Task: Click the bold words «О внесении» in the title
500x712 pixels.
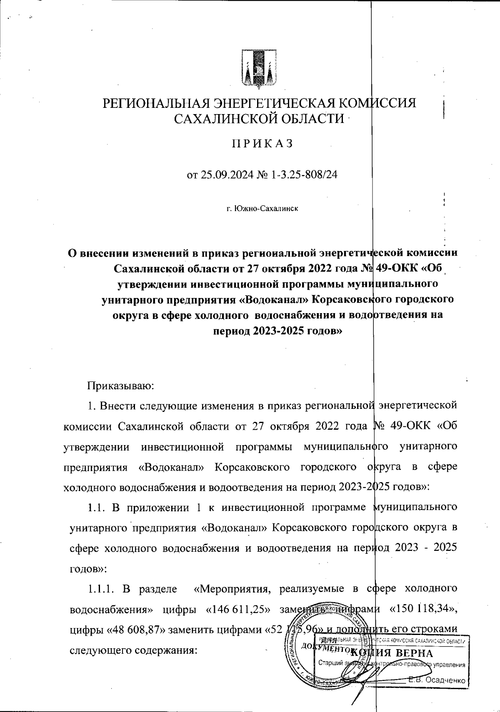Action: point(98,253)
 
